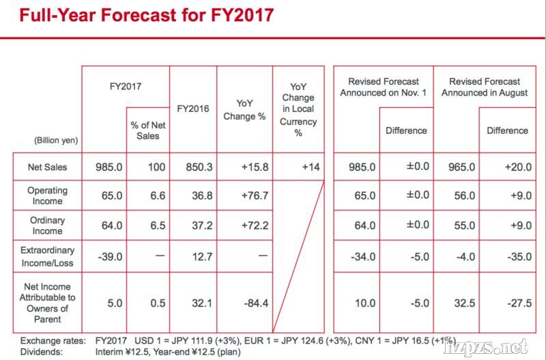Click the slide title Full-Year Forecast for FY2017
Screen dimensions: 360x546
click(147, 15)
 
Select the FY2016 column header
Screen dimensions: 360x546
click(193, 109)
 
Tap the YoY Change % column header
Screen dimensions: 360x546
click(244, 109)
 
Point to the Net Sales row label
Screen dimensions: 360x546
click(47, 167)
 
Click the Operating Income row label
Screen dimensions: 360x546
click(47, 195)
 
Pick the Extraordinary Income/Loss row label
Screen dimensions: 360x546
click(47, 257)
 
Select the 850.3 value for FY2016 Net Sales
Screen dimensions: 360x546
click(193, 167)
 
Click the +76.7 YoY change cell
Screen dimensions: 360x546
click(244, 196)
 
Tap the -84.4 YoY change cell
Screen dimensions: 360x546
click(244, 303)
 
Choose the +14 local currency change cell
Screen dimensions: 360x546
click(298, 167)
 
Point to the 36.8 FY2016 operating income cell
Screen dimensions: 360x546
click(193, 196)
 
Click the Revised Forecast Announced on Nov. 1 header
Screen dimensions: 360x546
click(382, 87)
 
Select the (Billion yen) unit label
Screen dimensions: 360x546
click(56, 140)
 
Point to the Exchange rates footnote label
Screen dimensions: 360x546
click(53, 340)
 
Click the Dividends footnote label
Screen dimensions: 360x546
click(42, 352)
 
